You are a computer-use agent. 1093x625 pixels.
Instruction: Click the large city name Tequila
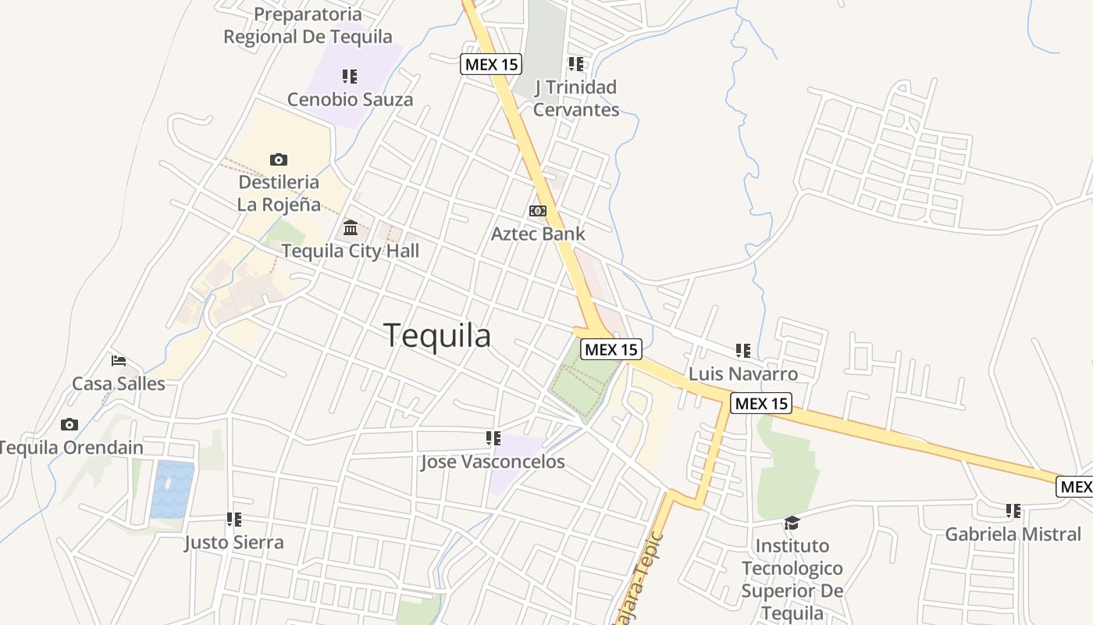click(437, 335)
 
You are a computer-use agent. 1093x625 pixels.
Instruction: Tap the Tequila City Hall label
click(350, 251)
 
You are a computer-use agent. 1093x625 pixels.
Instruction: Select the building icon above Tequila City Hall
click(351, 228)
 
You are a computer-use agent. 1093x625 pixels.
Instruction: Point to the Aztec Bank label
click(538, 233)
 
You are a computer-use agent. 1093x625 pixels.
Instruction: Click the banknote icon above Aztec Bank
click(538, 211)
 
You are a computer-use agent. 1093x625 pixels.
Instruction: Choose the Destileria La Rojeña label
click(279, 193)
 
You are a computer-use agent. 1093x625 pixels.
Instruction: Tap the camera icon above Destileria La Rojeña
click(279, 160)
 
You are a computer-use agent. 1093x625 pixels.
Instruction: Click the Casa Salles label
click(119, 384)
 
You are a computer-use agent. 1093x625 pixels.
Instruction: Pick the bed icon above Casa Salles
click(119, 361)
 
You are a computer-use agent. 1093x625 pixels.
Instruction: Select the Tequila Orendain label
click(70, 448)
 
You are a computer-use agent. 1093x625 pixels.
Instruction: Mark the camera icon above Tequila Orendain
click(69, 425)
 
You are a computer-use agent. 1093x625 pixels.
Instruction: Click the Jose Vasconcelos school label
click(493, 462)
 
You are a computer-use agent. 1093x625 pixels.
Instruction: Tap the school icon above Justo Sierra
click(234, 520)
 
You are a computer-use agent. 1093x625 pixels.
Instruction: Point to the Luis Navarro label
click(743, 373)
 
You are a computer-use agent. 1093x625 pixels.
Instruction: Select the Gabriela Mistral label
click(1013, 534)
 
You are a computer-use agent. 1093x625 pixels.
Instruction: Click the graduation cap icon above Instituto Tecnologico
click(792, 523)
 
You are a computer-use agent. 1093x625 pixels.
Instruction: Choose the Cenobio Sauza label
click(350, 99)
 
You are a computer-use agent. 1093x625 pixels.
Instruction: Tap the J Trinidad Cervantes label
click(576, 98)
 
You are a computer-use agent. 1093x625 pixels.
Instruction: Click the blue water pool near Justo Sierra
click(172, 489)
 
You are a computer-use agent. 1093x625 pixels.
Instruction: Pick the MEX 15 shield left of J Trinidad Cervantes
click(491, 64)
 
